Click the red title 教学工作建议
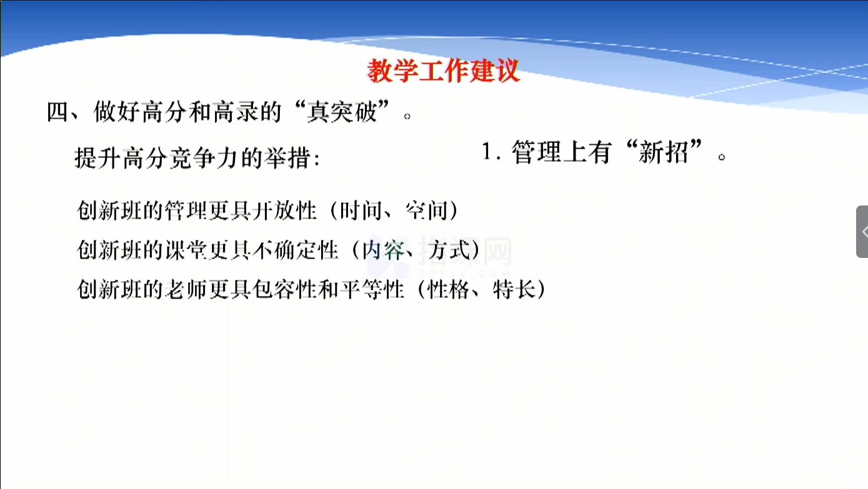click(443, 71)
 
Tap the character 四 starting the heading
click(57, 112)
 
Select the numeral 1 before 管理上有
click(486, 151)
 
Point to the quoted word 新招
click(664, 152)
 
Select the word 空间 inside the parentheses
click(427, 210)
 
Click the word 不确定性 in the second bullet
click(296, 250)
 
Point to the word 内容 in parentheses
click(383, 250)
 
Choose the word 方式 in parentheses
click(449, 250)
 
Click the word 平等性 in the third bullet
click(372, 290)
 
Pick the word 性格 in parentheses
click(448, 290)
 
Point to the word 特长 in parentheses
click(514, 290)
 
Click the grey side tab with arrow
click(862, 232)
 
